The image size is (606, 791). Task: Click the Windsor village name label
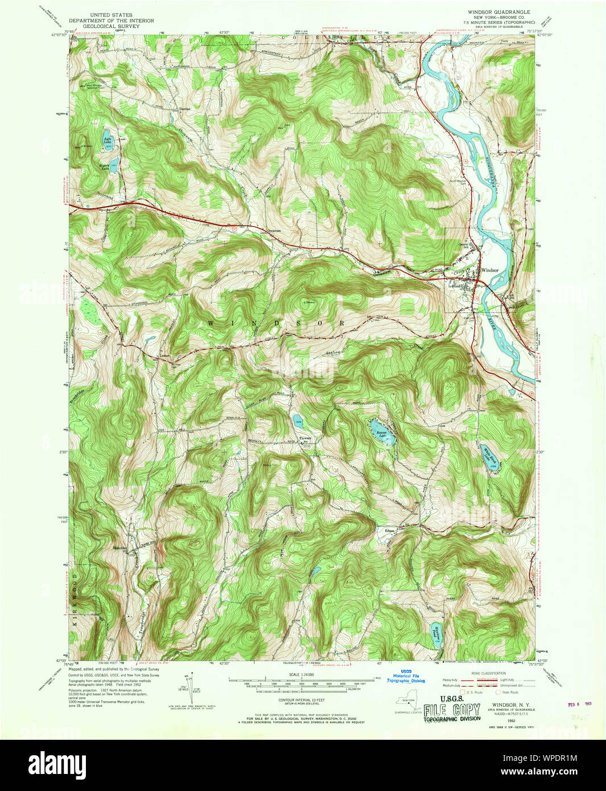(489, 270)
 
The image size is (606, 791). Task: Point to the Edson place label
(390, 531)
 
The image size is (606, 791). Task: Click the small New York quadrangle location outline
(407, 704)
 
